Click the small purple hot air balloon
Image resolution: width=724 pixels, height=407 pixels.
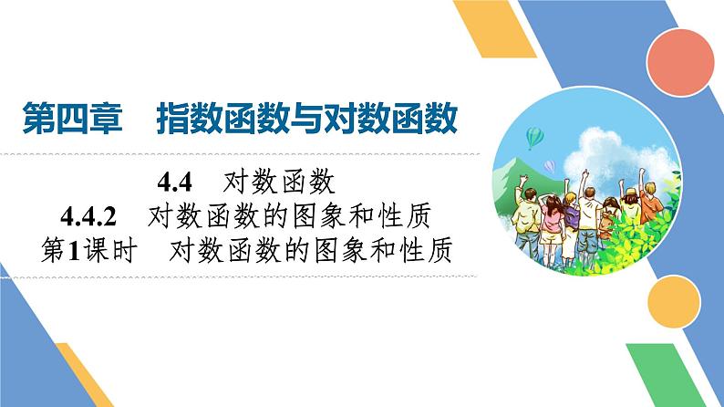pos(549,166)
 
